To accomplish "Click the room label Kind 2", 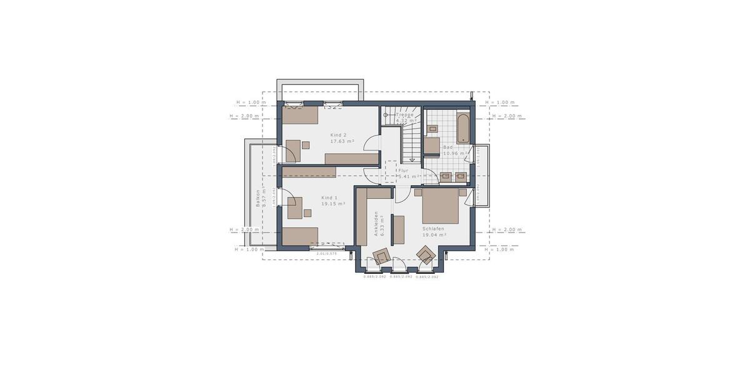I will pos(338,135).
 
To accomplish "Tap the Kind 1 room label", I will pos(329,197).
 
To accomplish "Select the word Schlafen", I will pos(434,229).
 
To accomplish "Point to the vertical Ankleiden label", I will pos(376,222).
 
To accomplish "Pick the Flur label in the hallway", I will pos(403,170).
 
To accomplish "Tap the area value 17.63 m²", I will pos(342,141).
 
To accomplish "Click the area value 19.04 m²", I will pos(434,235).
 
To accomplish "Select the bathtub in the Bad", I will pos(462,127).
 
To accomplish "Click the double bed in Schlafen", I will pos(441,206).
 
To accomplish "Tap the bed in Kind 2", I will pos(301,114).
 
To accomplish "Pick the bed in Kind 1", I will pos(301,236).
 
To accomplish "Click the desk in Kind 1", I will pos(294,207).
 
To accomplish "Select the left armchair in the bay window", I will pos(381,256).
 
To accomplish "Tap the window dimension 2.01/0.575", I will pos(327,254).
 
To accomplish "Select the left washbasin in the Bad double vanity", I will pos(446,176).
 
